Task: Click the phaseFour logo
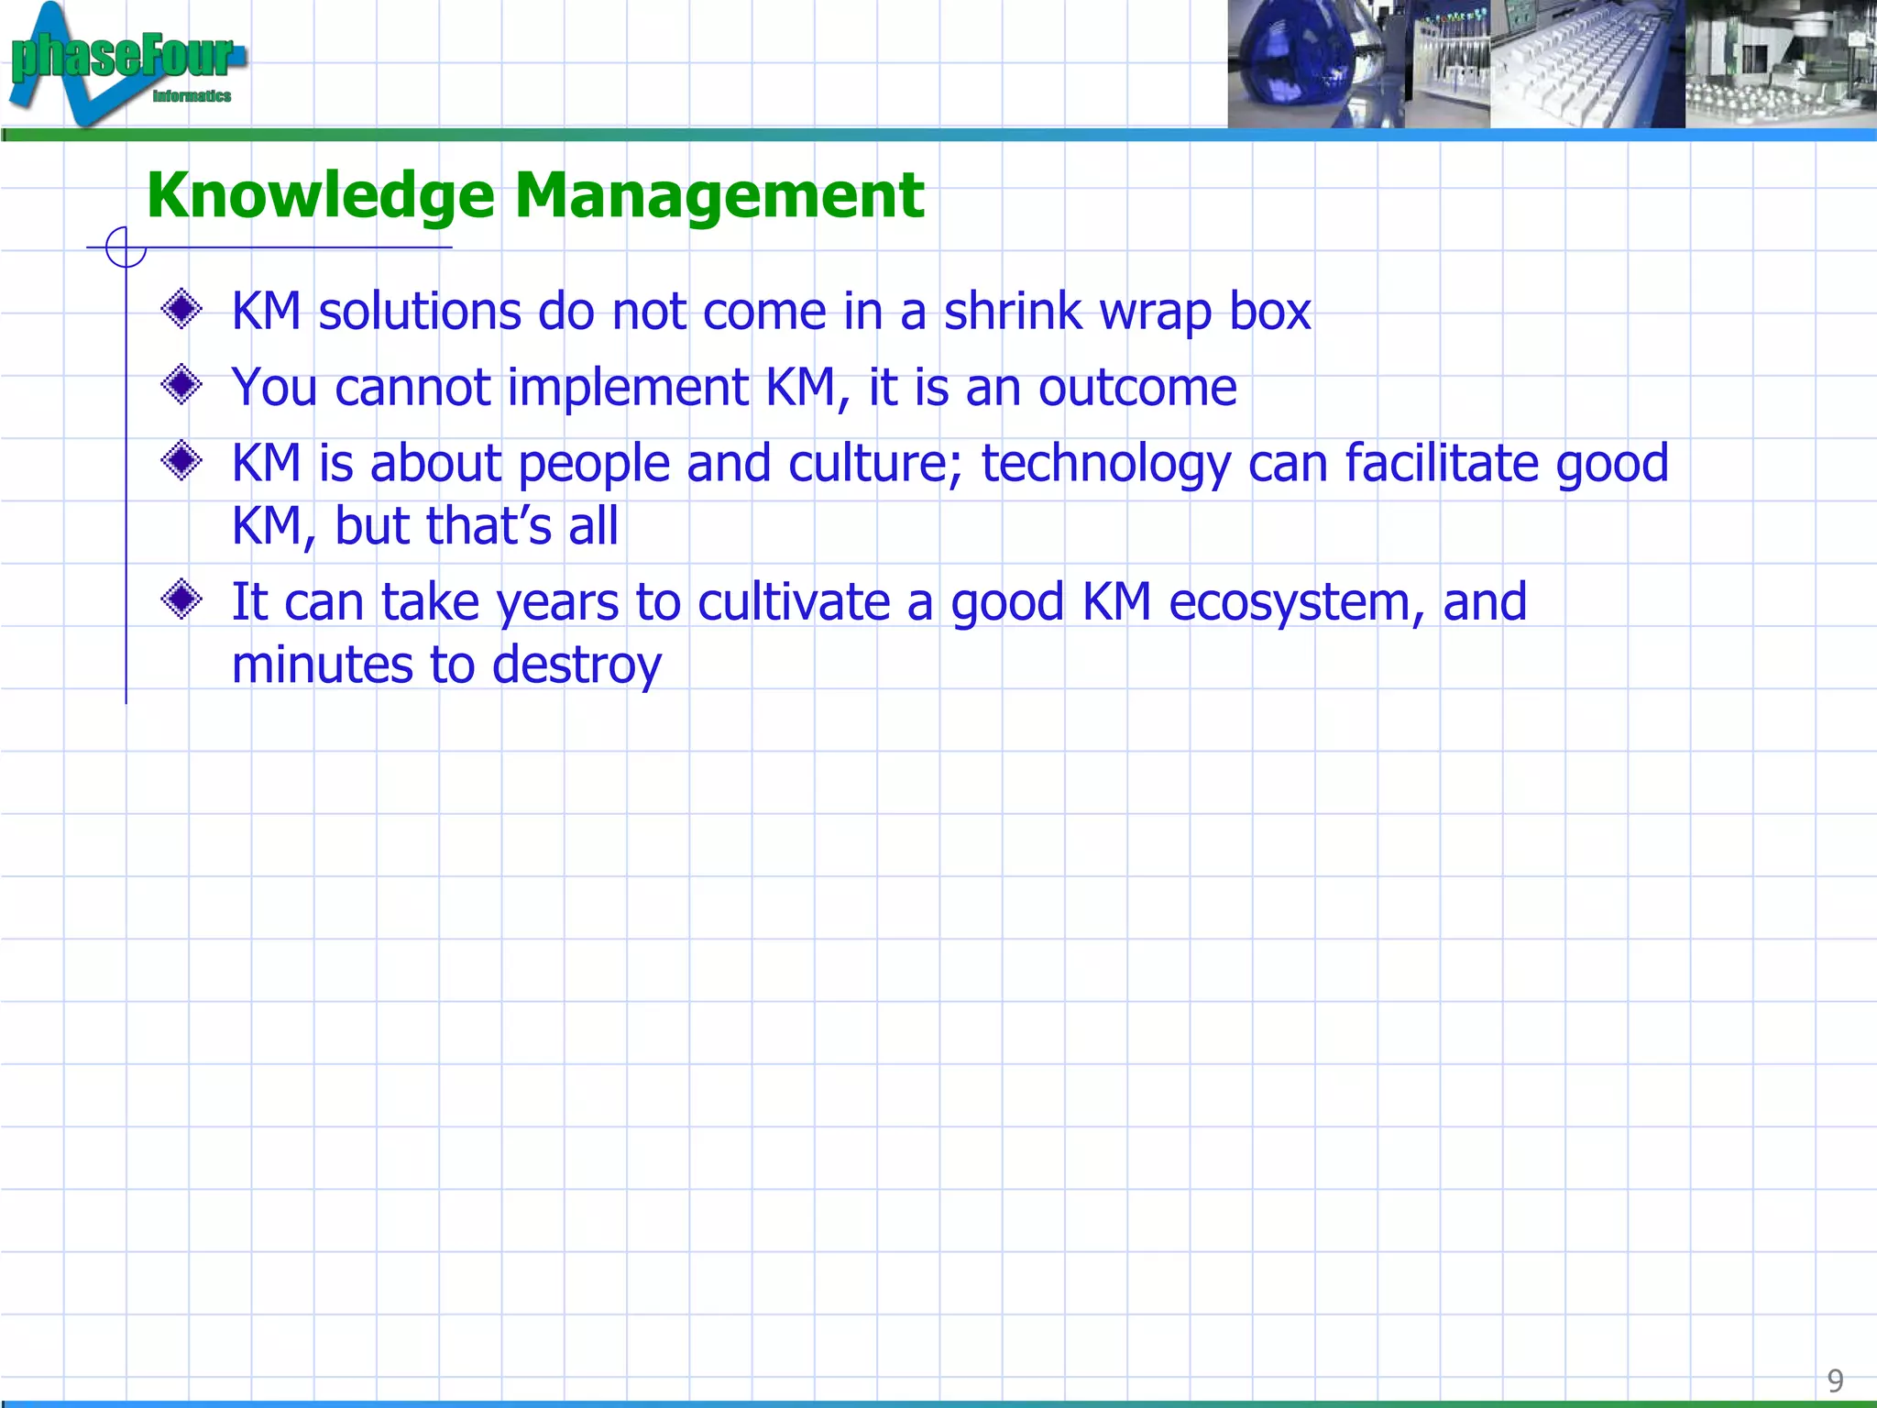click(124, 62)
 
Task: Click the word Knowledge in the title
click(321, 196)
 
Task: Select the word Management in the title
click(719, 196)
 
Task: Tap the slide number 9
click(1835, 1380)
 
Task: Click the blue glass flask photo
click(1301, 64)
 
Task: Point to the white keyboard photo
click(1586, 64)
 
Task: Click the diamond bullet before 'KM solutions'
click(181, 310)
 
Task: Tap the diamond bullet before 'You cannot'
click(181, 385)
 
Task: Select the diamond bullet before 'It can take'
click(181, 600)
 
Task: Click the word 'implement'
click(628, 387)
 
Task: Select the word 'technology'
click(1105, 464)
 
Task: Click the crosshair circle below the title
click(126, 247)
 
